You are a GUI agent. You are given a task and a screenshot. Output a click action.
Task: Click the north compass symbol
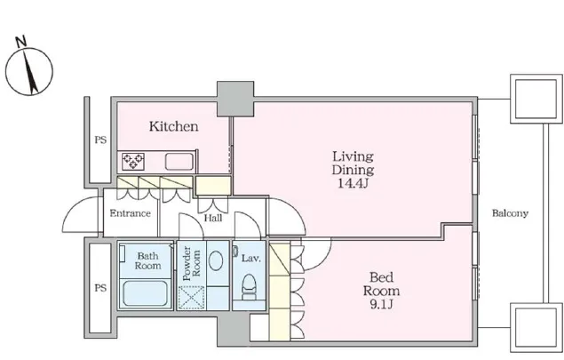click(x=29, y=71)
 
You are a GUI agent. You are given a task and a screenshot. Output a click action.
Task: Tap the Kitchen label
click(x=173, y=126)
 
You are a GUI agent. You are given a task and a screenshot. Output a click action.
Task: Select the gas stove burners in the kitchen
click(x=133, y=161)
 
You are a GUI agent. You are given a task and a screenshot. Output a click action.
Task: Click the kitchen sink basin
click(x=179, y=161)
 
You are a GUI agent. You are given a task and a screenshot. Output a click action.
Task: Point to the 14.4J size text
click(x=353, y=183)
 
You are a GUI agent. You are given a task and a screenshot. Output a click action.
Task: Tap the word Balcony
click(x=510, y=213)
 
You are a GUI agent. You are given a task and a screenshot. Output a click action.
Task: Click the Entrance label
click(x=130, y=213)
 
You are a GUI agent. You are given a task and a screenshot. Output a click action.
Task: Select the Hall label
click(x=213, y=218)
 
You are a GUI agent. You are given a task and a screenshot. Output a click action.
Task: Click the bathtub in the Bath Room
click(x=146, y=293)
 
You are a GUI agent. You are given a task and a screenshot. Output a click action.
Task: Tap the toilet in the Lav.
click(x=249, y=286)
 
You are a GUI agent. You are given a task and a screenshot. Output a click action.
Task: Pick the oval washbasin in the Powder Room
click(x=216, y=260)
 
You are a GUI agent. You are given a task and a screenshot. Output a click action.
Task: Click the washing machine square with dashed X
click(x=191, y=297)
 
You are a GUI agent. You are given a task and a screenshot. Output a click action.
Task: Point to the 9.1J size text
click(x=381, y=305)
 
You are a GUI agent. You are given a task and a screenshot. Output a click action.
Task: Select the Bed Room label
click(x=381, y=284)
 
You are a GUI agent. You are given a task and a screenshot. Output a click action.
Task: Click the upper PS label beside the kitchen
click(x=100, y=140)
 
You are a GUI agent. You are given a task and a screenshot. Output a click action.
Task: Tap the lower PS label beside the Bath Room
click(x=100, y=288)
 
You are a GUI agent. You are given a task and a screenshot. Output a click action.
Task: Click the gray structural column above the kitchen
click(x=235, y=99)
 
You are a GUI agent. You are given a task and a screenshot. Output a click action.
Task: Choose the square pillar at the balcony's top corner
click(x=536, y=99)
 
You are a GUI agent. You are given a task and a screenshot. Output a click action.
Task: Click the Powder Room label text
click(x=191, y=263)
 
